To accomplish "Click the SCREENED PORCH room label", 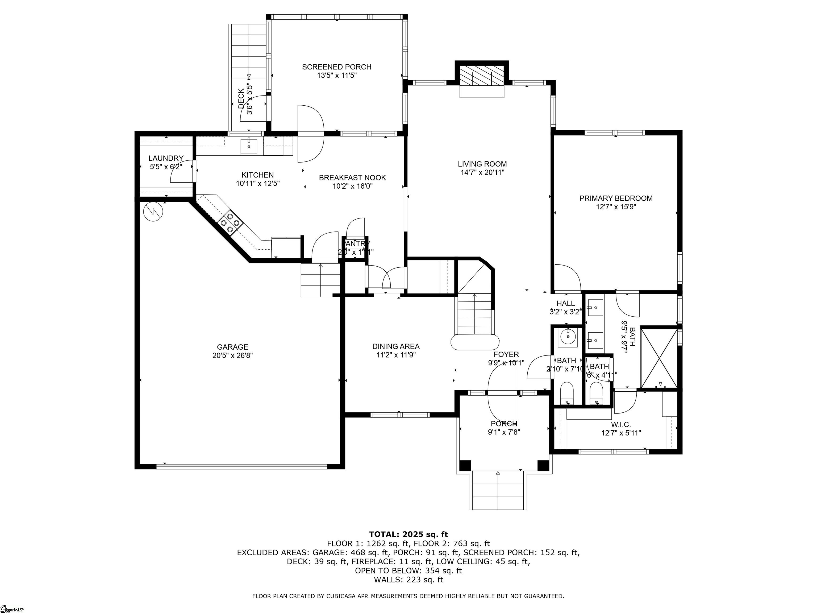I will point(336,67).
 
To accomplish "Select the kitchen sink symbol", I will point(249,146).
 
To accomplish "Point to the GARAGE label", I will point(232,347).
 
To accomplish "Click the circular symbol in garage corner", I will point(153,212).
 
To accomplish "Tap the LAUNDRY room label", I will point(166,158).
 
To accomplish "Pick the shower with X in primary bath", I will point(659,358).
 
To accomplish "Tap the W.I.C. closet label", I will point(621,425).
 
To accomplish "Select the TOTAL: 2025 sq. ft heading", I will point(408,534).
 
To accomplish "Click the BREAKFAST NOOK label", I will point(352,178).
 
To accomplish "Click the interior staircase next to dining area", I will point(475,314).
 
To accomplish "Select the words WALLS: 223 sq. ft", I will point(408,580).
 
